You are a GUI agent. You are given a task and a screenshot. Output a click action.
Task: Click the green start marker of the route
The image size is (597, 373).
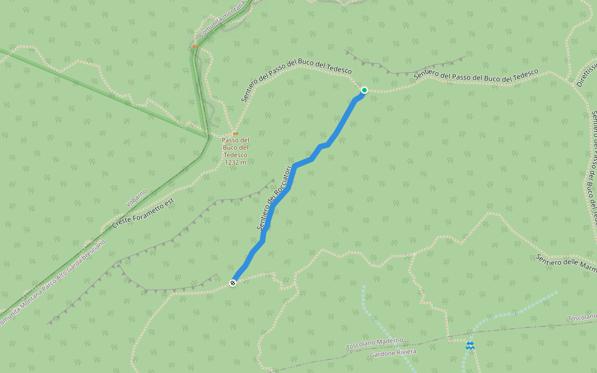[x=364, y=90]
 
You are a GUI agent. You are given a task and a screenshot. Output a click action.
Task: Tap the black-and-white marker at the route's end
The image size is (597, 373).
[x=233, y=283]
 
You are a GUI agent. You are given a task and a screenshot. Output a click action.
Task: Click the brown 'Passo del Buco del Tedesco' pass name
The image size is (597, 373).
[x=235, y=147]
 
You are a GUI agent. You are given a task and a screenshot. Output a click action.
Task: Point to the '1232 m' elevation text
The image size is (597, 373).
[x=235, y=162]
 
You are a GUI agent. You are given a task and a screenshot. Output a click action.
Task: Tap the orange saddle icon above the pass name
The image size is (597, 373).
[x=235, y=132]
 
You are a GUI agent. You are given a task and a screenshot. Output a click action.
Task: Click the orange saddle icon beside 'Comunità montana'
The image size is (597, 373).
[x=195, y=46]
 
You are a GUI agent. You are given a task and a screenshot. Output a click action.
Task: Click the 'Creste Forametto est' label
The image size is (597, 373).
[x=144, y=212]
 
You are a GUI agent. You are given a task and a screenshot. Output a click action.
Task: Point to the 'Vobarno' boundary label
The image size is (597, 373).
[x=136, y=198]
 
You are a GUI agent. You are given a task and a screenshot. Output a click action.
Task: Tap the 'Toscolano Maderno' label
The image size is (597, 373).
[x=374, y=343]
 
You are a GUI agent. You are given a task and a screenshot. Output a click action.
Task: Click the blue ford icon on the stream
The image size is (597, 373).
[x=470, y=345]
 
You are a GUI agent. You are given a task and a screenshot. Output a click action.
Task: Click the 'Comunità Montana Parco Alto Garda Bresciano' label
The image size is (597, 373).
[x=53, y=282]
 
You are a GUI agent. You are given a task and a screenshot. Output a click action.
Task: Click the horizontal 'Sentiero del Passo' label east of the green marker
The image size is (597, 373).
[x=476, y=76]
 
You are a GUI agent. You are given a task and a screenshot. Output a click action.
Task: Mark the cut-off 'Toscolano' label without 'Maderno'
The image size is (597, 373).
[x=582, y=318]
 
